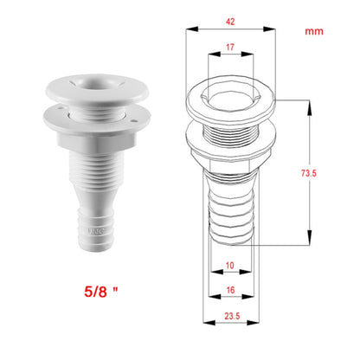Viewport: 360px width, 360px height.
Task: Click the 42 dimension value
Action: pyautogui.click(x=230, y=22)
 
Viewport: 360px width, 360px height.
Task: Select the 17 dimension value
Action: pyautogui.click(x=230, y=47)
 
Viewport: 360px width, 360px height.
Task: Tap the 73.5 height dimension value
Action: pyautogui.click(x=309, y=173)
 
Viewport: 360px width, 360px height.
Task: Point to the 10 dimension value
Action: pyautogui.click(x=230, y=265)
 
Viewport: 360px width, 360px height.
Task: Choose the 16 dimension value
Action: pyautogui.click(x=230, y=290)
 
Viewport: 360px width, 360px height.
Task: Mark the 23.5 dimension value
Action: pyautogui.click(x=232, y=316)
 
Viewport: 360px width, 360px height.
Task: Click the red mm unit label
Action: pyautogui.click(x=314, y=31)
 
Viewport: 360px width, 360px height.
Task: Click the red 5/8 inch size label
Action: pyautogui.click(x=101, y=292)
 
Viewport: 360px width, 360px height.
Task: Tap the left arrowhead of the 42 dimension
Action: pyautogui.click(x=192, y=29)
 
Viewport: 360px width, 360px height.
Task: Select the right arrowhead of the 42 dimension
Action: pyautogui.click(x=270, y=29)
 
